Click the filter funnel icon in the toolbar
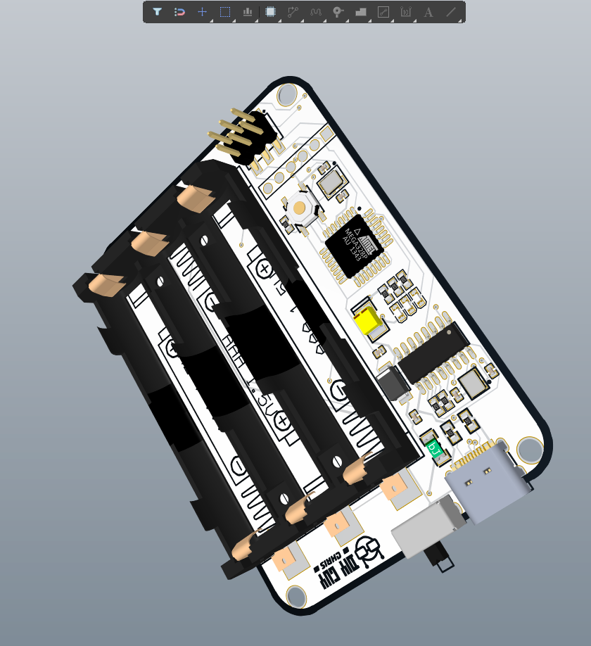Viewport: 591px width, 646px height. coord(158,12)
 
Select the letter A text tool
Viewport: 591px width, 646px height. coord(428,12)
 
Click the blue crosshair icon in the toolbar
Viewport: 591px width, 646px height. coord(203,12)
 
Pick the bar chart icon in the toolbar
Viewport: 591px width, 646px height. coord(248,12)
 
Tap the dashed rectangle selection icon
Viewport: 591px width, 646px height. coord(225,12)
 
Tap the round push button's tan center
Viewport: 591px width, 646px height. coord(300,208)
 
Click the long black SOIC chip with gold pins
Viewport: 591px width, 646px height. coord(435,352)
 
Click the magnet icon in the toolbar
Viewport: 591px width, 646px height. coord(180,12)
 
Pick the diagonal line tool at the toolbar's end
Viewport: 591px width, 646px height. coord(451,12)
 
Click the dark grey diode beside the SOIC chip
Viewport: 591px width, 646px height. coord(394,384)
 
